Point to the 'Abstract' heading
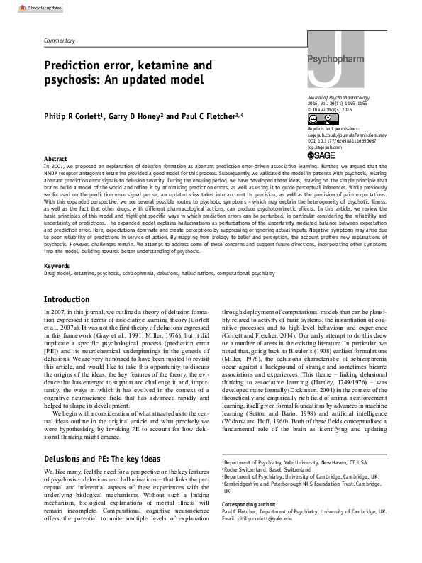pos(56,159)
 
